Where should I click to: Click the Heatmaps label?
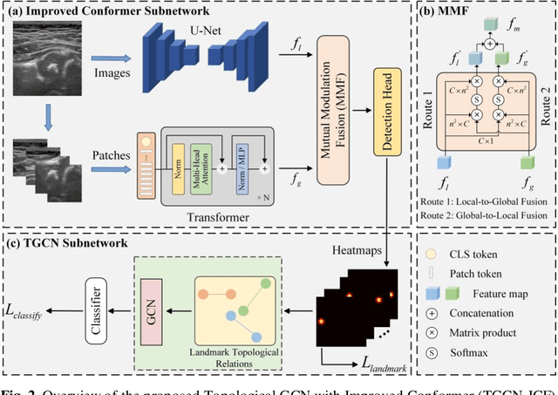[x=358, y=250]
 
